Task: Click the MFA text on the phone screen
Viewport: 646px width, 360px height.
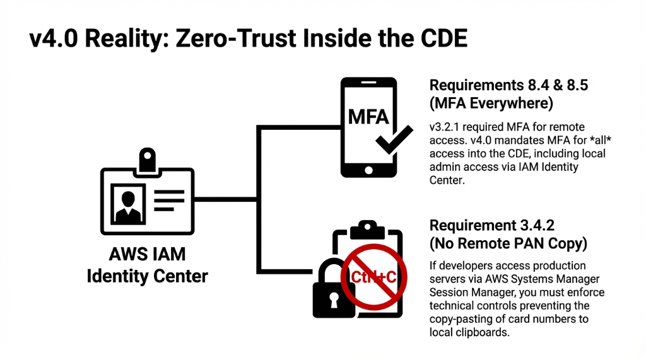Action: coord(368,117)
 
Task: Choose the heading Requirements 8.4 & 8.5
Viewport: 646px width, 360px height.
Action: coord(508,85)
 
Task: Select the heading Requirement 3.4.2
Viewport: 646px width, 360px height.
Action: coord(493,226)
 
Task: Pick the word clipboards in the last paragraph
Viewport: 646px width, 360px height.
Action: coord(481,332)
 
